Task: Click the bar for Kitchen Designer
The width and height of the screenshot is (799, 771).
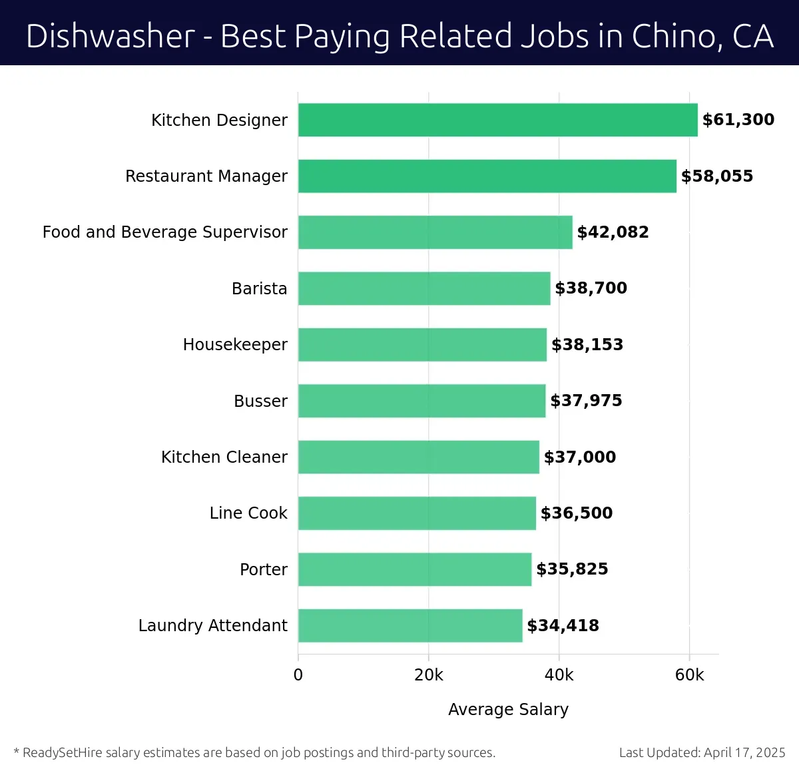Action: pyautogui.click(x=497, y=120)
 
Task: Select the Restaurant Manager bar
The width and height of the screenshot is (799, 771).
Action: pyautogui.click(x=487, y=176)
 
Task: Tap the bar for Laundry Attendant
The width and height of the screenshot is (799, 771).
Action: pyautogui.click(x=410, y=625)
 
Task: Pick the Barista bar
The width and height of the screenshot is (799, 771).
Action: pyautogui.click(x=424, y=288)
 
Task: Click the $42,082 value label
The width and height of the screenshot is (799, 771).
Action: pyautogui.click(x=613, y=232)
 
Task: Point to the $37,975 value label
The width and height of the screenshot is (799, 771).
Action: pyautogui.click(x=586, y=401)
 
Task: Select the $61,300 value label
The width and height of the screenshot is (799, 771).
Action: pyautogui.click(x=738, y=120)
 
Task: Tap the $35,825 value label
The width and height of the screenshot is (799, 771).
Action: pyautogui.click(x=572, y=569)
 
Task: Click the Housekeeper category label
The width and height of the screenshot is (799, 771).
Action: pyautogui.click(x=235, y=344)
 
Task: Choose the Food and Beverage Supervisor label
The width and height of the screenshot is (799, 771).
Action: pyautogui.click(x=165, y=232)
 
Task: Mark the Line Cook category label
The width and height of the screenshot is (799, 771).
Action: pyautogui.click(x=248, y=513)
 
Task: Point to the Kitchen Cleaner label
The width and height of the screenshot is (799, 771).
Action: pyautogui.click(x=224, y=457)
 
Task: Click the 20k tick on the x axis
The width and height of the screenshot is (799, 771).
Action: pyautogui.click(x=428, y=675)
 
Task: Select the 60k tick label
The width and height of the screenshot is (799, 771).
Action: pyautogui.click(x=689, y=675)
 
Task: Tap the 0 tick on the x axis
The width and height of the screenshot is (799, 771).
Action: pyautogui.click(x=298, y=675)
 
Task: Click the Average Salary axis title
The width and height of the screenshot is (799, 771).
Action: pyautogui.click(x=508, y=710)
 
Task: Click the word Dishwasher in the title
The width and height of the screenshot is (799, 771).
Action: pyautogui.click(x=111, y=36)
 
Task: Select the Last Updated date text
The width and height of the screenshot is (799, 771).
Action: pyautogui.click(x=702, y=752)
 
